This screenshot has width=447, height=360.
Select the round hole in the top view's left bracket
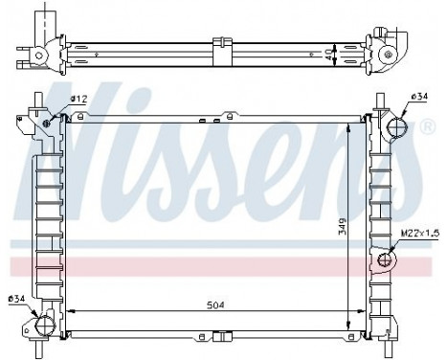(39, 56)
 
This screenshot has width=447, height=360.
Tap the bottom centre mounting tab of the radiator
(222, 336)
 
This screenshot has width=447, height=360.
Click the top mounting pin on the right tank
(381, 100)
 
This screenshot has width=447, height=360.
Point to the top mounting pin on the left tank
(36, 100)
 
